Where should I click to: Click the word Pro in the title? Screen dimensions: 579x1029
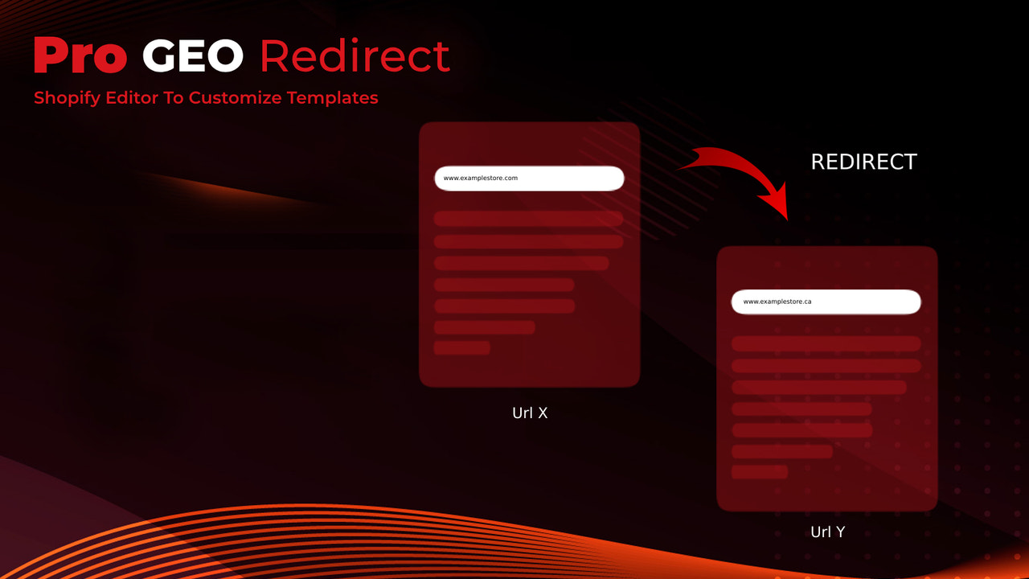80,55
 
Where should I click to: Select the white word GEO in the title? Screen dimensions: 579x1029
192,55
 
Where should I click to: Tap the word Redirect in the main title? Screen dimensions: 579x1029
355,55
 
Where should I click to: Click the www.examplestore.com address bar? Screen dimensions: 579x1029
529,179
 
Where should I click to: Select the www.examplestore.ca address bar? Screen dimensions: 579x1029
826,302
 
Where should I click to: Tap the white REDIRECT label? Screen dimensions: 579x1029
863,162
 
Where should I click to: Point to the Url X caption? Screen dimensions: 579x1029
530,413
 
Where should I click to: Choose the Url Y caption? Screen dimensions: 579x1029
827,532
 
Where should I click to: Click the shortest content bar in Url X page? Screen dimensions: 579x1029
462,348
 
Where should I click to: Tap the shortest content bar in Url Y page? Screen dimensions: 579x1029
760,472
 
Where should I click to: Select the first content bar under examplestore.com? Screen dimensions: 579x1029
528,220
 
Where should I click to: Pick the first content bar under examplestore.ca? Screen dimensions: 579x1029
826,344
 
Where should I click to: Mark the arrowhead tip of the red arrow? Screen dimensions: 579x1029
787,217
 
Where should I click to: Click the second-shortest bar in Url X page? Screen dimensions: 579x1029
484,327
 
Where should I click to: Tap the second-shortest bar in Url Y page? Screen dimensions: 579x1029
781,452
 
